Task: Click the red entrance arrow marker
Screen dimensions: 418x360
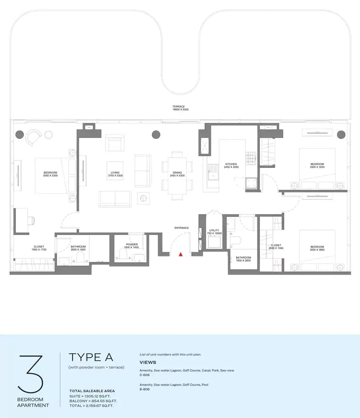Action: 181,254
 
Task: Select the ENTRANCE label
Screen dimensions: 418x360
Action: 181,228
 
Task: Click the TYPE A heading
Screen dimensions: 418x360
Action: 91,357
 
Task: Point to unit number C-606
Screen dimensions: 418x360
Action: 145,375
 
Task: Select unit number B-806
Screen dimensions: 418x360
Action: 145,390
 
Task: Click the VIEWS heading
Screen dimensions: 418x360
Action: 148,362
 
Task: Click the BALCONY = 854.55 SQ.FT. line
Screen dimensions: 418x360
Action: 93,401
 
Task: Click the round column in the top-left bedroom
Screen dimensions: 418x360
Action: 20,135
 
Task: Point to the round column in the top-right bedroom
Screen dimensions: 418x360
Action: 341,135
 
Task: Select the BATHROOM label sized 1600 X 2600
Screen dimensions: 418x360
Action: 243,259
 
